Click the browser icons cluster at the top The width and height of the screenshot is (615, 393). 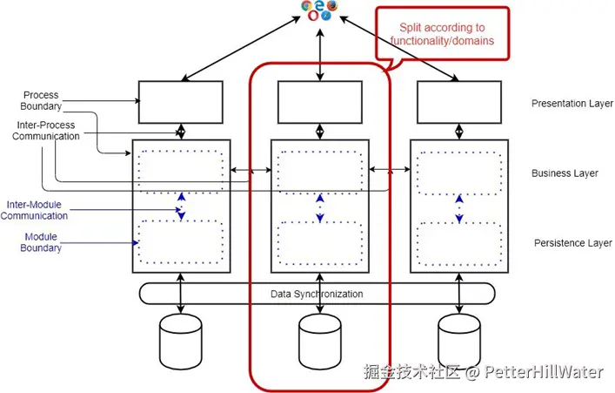(320, 10)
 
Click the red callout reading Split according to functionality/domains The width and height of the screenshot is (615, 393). (443, 34)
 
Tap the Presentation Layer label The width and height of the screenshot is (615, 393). (572, 104)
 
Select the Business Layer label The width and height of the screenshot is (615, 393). (565, 173)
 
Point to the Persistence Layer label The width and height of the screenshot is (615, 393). (573, 243)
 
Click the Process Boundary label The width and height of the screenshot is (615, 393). (41, 100)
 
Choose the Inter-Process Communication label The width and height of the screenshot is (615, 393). (46, 131)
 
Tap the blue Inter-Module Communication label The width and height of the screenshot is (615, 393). (34, 210)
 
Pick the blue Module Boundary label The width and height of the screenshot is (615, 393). (41, 242)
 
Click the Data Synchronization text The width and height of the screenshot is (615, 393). (317, 294)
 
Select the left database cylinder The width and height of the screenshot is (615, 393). (181, 341)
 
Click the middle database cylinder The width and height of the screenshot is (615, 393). (320, 341)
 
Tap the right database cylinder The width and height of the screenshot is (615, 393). (459, 341)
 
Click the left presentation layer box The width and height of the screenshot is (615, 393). (181, 102)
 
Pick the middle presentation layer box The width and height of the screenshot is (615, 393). (320, 102)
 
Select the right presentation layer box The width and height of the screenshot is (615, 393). (459, 102)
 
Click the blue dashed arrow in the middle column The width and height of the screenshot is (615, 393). (320, 208)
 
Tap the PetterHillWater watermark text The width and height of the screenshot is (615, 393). (543, 372)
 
